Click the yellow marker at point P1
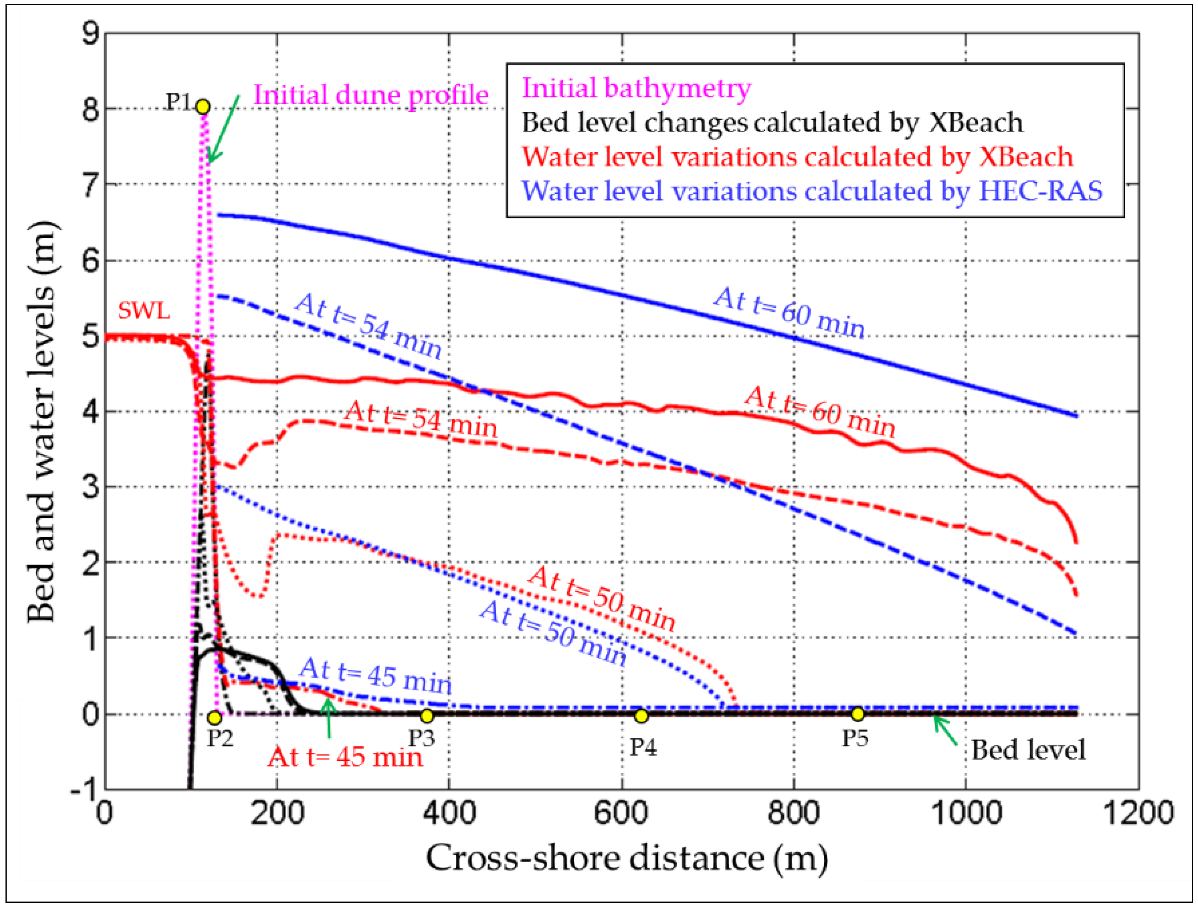pyautogui.click(x=202, y=106)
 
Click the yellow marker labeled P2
pyautogui.click(x=215, y=718)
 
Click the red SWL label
pyautogui.click(x=143, y=311)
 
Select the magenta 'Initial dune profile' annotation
pyautogui.click(x=371, y=95)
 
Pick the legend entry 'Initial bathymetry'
pyautogui.click(x=636, y=88)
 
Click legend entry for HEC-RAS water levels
pyautogui.click(x=812, y=191)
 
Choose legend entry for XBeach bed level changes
pyautogui.click(x=772, y=123)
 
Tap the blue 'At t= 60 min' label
pyautogui.click(x=789, y=313)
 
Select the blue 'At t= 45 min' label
pyautogui.click(x=375, y=676)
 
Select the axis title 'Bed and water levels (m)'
pyautogui.click(x=42, y=422)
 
